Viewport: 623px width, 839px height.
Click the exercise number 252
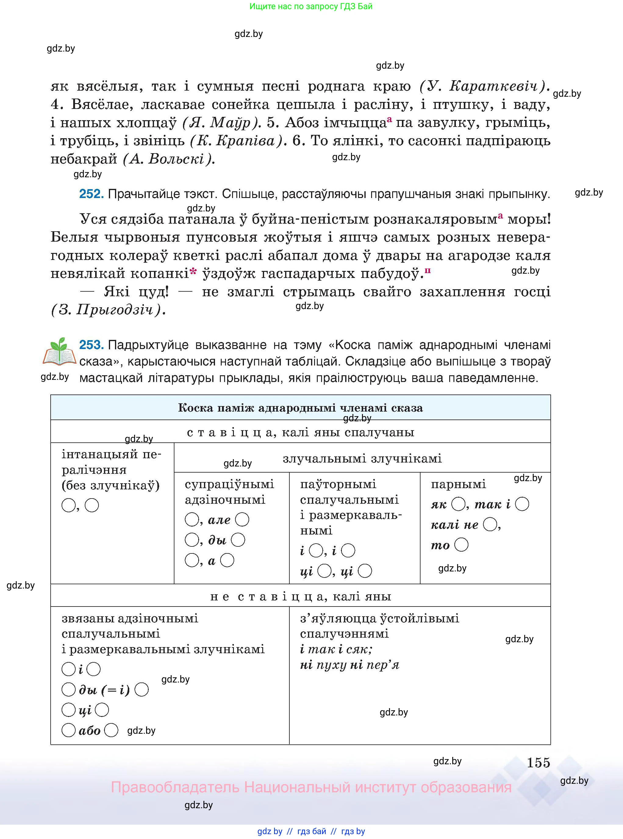click(91, 194)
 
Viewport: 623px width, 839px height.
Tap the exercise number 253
click(91, 345)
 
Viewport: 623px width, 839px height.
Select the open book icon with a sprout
click(59, 352)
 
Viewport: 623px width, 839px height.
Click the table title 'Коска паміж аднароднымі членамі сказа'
click(300, 408)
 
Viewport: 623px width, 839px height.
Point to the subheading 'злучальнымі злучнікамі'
click(362, 459)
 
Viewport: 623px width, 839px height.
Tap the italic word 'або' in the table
click(89, 731)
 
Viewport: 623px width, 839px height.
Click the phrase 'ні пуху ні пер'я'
click(349, 665)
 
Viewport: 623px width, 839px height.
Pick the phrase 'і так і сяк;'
click(336, 649)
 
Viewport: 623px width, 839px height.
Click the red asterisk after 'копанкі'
click(193, 272)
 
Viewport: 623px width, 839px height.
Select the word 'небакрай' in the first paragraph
click(84, 159)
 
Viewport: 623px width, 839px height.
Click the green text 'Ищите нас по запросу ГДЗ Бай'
click(311, 6)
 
